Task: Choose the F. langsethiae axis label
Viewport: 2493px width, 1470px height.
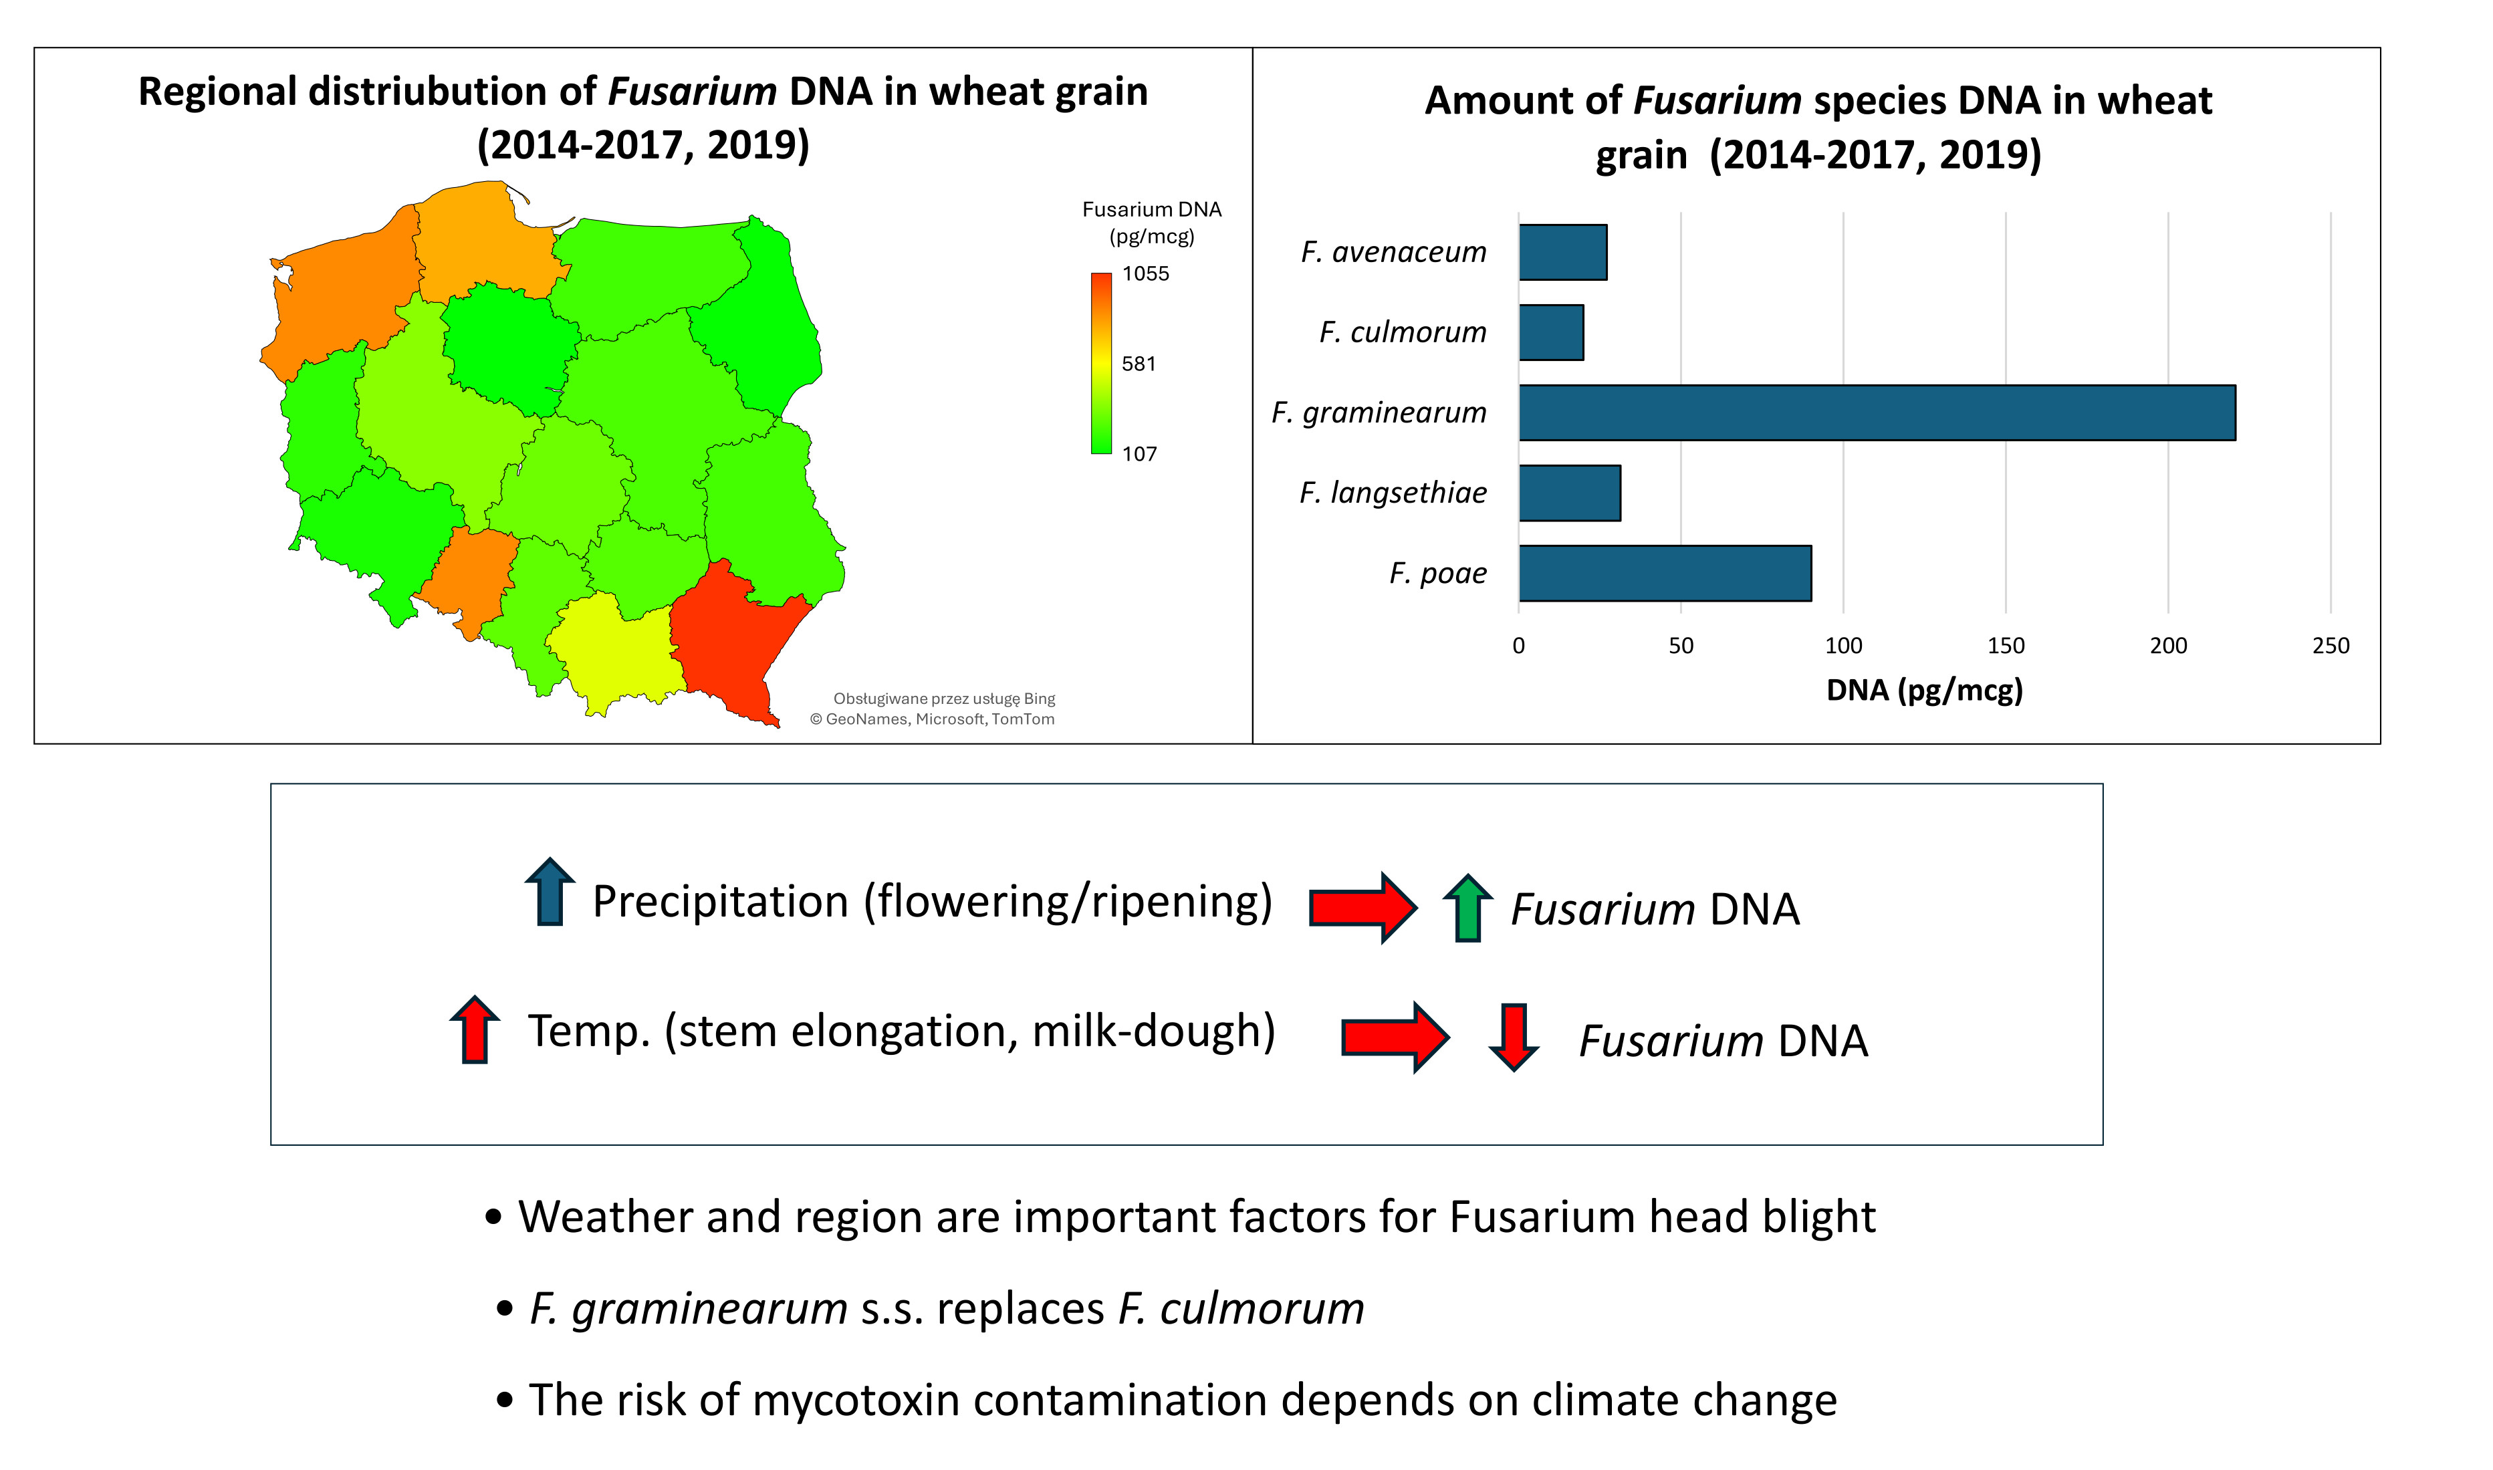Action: click(x=1393, y=492)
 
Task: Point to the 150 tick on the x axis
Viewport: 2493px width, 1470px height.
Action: click(x=2006, y=646)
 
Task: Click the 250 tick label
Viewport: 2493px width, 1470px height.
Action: click(x=2331, y=646)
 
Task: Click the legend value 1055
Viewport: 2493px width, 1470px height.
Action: click(x=1146, y=273)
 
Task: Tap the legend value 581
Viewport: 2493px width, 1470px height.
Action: click(x=1139, y=364)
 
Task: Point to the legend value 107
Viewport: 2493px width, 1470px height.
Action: click(x=1139, y=454)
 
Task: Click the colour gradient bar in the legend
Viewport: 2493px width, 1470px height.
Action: click(x=1101, y=364)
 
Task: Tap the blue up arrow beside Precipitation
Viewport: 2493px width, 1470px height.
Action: click(x=550, y=892)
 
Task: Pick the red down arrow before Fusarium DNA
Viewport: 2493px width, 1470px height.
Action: click(x=1514, y=1037)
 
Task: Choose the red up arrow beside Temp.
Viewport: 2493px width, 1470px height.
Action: click(x=475, y=1029)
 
